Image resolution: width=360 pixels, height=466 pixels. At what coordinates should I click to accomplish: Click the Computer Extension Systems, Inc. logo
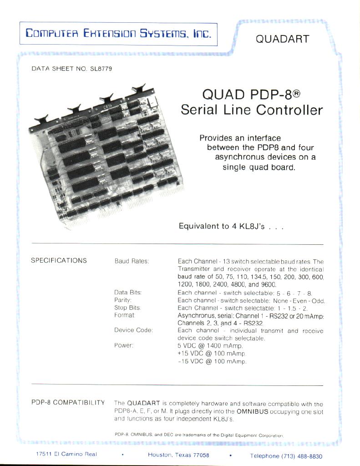[118, 33]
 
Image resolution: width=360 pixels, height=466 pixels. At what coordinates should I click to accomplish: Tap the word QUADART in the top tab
[283, 39]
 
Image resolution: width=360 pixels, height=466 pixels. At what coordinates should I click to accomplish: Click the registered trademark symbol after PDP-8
[296, 94]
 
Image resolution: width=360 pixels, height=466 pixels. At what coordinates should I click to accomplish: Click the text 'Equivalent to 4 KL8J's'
[222, 226]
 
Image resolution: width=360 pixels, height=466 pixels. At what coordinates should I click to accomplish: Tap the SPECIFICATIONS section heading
[59, 260]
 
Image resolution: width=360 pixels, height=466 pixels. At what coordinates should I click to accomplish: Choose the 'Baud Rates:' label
[132, 261]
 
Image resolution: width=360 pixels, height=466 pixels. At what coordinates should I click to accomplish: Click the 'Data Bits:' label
[128, 293]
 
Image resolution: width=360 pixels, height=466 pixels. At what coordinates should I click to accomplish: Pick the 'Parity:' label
[123, 300]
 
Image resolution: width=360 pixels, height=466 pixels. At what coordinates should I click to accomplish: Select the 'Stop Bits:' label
[127, 308]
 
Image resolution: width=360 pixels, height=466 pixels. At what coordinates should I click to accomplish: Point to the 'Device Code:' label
[133, 330]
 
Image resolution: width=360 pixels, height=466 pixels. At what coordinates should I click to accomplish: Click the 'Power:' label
[124, 345]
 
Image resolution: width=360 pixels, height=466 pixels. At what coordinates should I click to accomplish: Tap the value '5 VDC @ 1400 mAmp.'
[210, 346]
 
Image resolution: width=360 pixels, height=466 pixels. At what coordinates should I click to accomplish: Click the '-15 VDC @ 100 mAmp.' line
[212, 361]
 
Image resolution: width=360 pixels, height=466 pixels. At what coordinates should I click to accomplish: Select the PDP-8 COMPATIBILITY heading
[68, 402]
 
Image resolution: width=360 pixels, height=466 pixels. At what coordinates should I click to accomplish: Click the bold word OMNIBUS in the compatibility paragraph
[253, 411]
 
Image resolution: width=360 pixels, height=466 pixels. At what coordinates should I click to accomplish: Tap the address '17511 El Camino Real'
[66, 454]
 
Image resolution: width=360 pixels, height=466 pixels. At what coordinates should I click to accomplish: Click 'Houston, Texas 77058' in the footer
[178, 455]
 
